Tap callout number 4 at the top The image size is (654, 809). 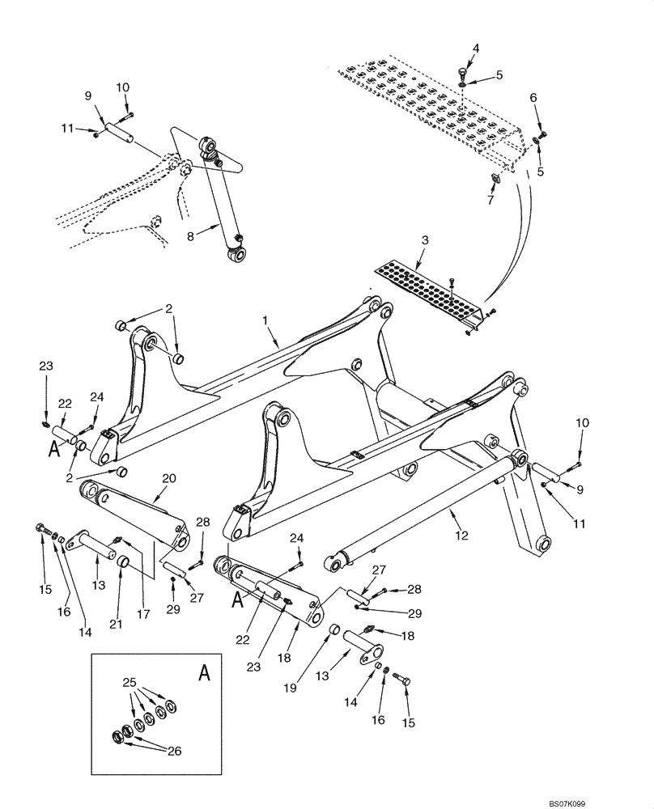476,49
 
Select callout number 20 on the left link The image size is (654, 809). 168,479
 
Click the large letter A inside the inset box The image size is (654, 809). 203,673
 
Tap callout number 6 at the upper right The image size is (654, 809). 533,97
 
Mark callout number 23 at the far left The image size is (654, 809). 46,366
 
